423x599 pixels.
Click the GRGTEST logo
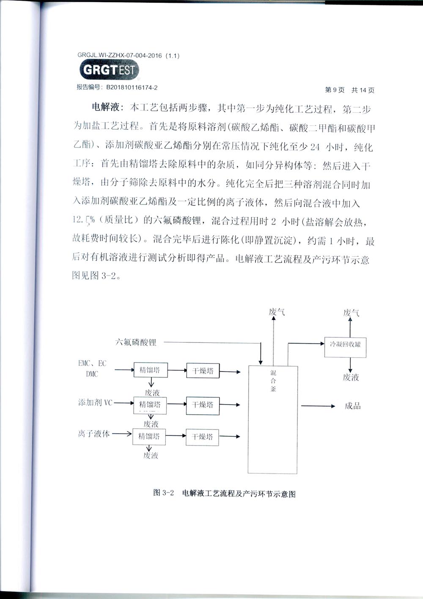coord(109,70)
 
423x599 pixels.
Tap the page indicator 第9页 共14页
coord(349,90)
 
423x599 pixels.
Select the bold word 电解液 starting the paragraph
coord(104,109)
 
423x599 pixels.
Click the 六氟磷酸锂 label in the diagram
coord(135,342)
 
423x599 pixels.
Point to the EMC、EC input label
coord(92,364)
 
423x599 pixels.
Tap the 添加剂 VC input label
coord(95,402)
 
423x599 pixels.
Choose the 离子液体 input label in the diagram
coord(93,434)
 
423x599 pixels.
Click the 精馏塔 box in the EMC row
coord(150,370)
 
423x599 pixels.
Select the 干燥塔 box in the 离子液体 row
coord(203,437)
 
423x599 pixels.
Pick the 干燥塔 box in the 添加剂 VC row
coord(203,405)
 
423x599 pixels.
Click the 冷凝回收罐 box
coord(345,347)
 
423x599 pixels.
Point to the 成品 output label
coord(352,406)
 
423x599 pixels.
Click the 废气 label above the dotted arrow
coord(277,312)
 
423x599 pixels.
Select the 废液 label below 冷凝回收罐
coord(351,377)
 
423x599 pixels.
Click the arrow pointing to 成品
coord(318,406)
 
